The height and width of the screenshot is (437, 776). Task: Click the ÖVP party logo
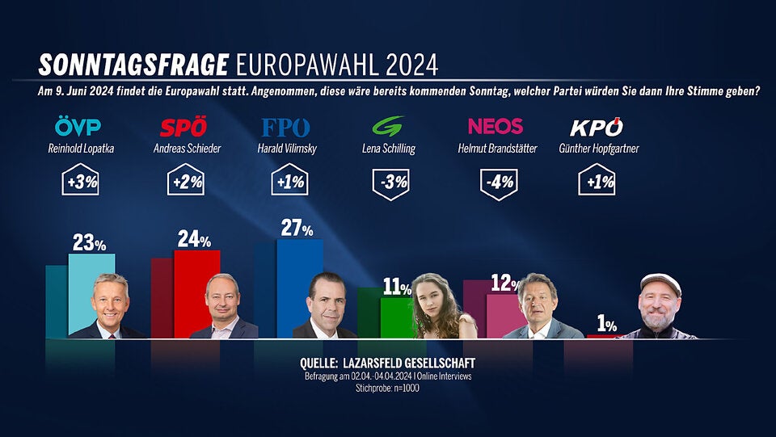[77, 127]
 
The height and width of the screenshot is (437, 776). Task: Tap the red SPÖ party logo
[183, 128]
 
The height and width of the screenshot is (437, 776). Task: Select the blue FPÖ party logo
[285, 128]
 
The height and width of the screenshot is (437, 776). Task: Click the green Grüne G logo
[387, 127]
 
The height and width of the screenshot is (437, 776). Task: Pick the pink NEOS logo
[495, 127]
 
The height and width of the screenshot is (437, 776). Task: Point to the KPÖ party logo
[597, 128]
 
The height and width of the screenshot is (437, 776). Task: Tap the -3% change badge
[391, 182]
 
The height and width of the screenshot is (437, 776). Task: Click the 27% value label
[297, 229]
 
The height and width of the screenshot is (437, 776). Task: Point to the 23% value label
[90, 242]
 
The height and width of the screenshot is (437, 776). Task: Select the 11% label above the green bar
[397, 287]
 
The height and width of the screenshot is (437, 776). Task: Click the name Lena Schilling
[391, 149]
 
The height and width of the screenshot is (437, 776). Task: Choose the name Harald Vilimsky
[287, 149]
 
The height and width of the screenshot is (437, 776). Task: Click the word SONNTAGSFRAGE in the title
[134, 64]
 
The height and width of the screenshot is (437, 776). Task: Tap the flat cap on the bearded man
[660, 281]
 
